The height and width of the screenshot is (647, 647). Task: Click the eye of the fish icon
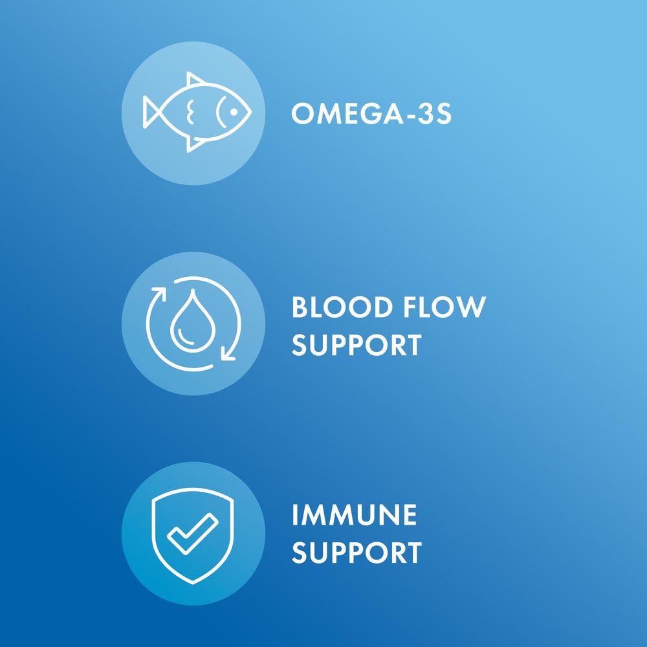pyautogui.click(x=234, y=113)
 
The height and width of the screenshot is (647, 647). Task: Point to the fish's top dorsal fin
pyautogui.click(x=195, y=79)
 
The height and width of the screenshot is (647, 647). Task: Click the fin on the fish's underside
pyautogui.click(x=194, y=144)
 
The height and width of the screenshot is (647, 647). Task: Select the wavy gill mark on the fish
pyautogui.click(x=190, y=112)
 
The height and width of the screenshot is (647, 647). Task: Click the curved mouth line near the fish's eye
pyautogui.click(x=220, y=113)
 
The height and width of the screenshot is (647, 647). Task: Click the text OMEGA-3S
pyautogui.click(x=371, y=114)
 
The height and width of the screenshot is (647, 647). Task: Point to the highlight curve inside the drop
pyautogui.click(x=183, y=336)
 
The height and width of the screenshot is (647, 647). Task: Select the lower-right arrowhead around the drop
pyautogui.click(x=227, y=353)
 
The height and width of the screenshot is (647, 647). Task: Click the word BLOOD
pyautogui.click(x=342, y=307)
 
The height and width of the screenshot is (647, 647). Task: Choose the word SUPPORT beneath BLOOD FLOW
pyautogui.click(x=356, y=345)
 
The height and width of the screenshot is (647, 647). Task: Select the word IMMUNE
pyautogui.click(x=354, y=516)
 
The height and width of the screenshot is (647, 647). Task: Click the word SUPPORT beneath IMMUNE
pyautogui.click(x=356, y=553)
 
